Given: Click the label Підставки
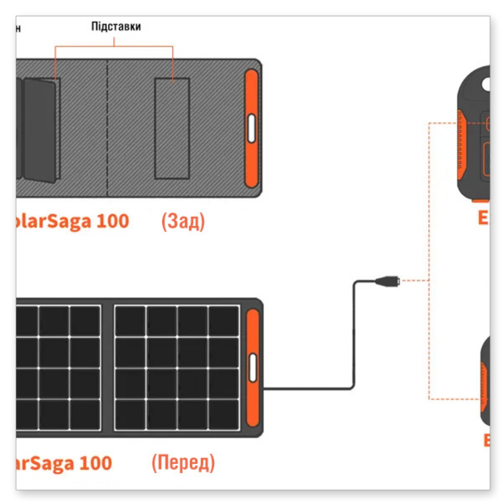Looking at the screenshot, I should pyautogui.click(x=116, y=27).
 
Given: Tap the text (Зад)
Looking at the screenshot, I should pyautogui.click(x=183, y=221).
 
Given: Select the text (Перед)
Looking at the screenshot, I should pyautogui.click(x=183, y=463).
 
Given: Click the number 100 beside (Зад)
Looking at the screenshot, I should pyautogui.click(x=112, y=221).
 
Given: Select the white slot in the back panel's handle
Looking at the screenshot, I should pyautogui.click(x=252, y=128).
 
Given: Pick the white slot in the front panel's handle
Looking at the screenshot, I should pyautogui.click(x=253, y=367).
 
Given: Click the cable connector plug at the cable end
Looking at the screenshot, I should pyautogui.click(x=387, y=280).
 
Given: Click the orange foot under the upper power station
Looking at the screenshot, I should pyautogui.click(x=480, y=201).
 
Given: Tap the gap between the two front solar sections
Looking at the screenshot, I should pyautogui.click(x=108, y=367).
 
